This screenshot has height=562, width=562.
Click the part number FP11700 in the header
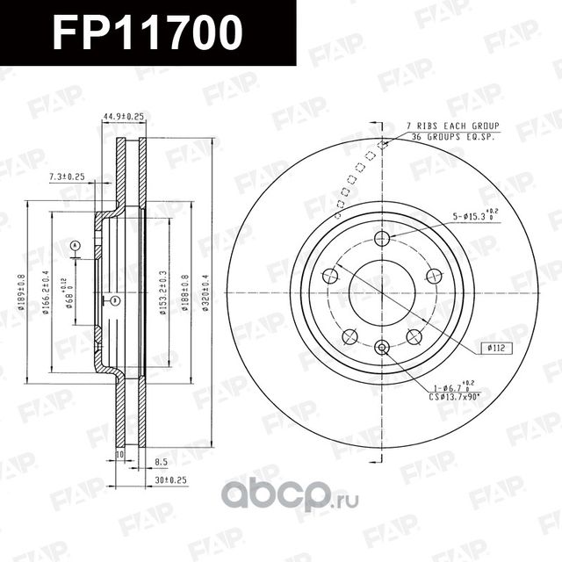click(147, 33)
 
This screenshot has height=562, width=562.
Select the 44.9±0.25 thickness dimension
click(123, 116)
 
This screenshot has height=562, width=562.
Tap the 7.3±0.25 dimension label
click(67, 177)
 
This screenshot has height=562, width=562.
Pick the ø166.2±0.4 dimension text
click(47, 286)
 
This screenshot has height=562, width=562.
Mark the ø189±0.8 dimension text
click(21, 286)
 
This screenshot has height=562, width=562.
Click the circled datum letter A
click(76, 245)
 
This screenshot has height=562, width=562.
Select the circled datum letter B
click(115, 301)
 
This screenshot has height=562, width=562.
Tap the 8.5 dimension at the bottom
click(161, 460)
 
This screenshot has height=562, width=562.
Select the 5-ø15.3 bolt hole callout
click(474, 215)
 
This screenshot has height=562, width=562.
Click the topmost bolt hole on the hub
click(381, 238)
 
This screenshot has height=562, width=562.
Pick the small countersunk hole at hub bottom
click(381, 348)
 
